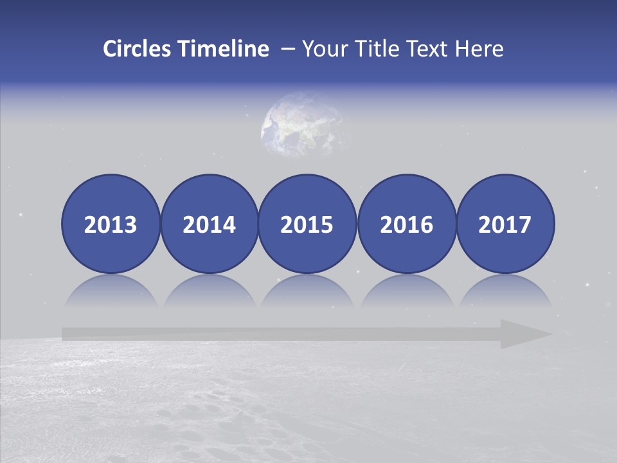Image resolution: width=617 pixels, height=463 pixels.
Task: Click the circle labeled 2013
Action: (x=111, y=224)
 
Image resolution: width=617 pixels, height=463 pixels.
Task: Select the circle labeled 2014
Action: (x=210, y=224)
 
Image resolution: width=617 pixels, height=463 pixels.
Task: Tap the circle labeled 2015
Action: (x=307, y=224)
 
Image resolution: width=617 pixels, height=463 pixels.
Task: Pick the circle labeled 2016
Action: (x=406, y=224)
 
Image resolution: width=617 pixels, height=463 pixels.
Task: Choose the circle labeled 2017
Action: (x=505, y=224)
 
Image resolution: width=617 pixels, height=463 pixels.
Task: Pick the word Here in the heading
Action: (x=479, y=49)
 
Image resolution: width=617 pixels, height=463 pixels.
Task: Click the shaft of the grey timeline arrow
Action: (x=276, y=334)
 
